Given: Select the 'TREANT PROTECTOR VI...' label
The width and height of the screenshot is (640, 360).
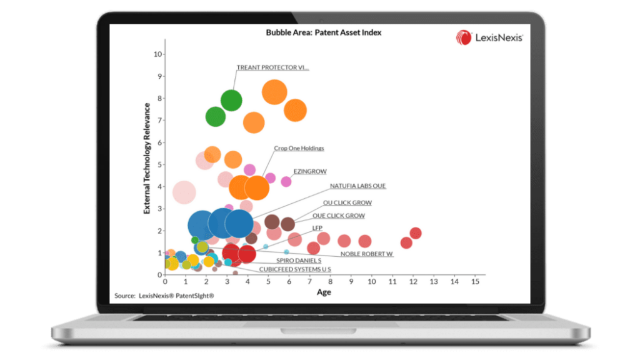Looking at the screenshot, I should pyautogui.click(x=272, y=67).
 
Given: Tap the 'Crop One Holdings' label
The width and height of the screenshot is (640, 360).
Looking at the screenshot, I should pyautogui.click(x=299, y=149).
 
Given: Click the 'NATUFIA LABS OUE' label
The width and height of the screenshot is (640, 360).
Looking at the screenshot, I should pyautogui.click(x=357, y=186).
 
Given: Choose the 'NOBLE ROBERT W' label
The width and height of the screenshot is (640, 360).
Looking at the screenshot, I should pyautogui.click(x=367, y=254).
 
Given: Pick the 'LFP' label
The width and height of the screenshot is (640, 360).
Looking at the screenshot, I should pyautogui.click(x=317, y=228).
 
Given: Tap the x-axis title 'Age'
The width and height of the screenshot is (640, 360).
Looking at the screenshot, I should pyautogui.click(x=324, y=292).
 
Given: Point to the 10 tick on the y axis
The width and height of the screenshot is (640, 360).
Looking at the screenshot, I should pyautogui.click(x=158, y=54).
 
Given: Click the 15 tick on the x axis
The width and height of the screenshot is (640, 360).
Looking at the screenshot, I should pyautogui.click(x=475, y=282).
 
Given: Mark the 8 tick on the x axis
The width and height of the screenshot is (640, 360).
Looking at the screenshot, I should pyautogui.click(x=330, y=282).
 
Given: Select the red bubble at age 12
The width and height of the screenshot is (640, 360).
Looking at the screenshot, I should pyautogui.click(x=416, y=233).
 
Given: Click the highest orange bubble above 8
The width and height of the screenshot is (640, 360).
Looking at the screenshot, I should pyautogui.click(x=274, y=92).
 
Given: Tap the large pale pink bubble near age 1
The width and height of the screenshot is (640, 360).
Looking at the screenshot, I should pyautogui.click(x=184, y=192).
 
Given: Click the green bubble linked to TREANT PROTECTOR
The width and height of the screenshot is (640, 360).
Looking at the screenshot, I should pyautogui.click(x=231, y=100).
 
